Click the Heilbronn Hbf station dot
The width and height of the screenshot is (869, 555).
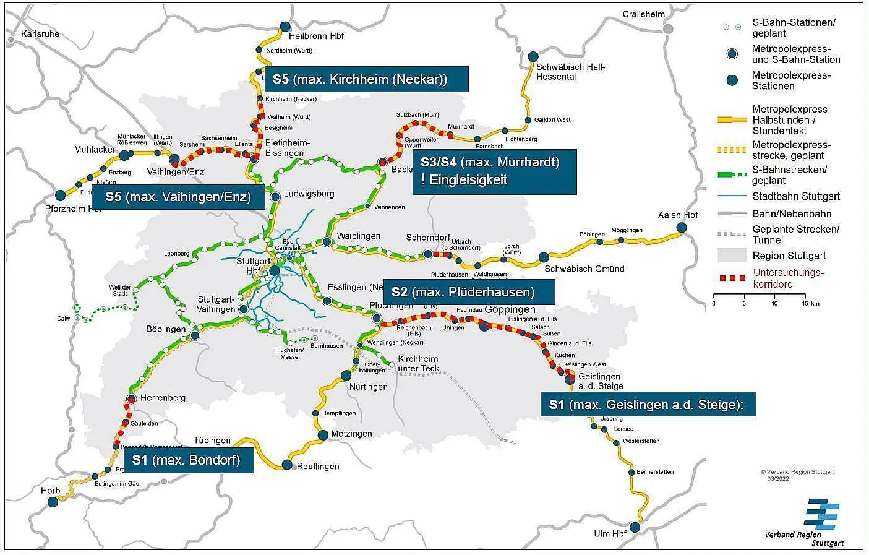(x=285, y=27)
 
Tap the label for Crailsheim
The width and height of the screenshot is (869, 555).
(x=643, y=14)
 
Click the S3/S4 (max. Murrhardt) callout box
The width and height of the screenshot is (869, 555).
(x=494, y=171)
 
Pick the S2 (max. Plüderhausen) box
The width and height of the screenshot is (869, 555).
(x=469, y=291)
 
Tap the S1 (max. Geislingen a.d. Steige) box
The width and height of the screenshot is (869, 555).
(x=648, y=404)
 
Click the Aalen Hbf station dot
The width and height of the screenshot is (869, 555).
(x=681, y=228)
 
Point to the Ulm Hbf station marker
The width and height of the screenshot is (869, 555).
(x=635, y=527)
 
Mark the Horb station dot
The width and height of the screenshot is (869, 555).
(x=53, y=502)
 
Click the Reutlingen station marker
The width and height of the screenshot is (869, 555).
(x=287, y=464)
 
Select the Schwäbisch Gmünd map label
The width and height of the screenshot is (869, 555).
(x=584, y=269)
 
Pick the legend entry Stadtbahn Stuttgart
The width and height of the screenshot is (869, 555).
(x=796, y=197)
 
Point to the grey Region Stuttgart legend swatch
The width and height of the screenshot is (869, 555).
(x=732, y=256)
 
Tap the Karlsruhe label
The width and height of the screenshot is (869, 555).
(x=40, y=33)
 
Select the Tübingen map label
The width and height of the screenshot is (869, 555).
(x=212, y=441)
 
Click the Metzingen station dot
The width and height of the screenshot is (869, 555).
(x=323, y=435)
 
